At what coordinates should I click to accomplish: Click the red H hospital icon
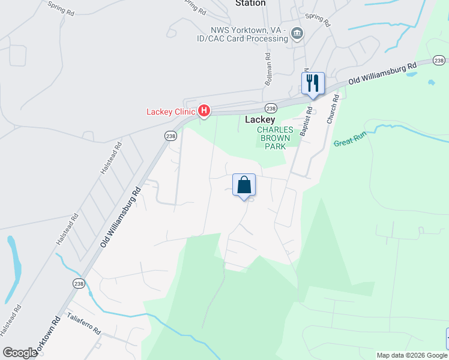(205, 111)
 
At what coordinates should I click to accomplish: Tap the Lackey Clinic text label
(171, 112)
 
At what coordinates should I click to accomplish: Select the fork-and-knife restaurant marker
(313, 83)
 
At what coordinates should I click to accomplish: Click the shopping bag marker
(244, 185)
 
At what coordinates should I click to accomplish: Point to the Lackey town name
(260, 119)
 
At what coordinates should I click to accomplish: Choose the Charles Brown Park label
(275, 137)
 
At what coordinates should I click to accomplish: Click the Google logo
(20, 353)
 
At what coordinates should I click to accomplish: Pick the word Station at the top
(250, 4)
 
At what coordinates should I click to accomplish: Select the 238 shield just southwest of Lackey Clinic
(171, 136)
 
